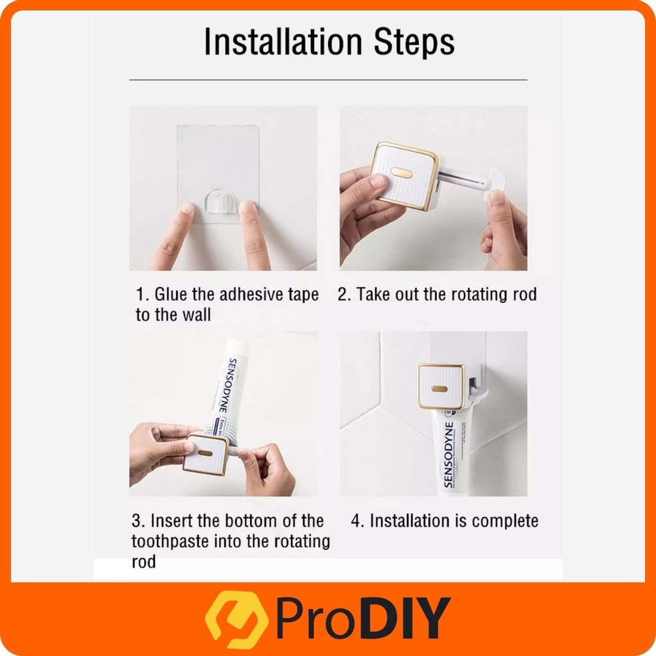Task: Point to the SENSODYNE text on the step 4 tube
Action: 448,454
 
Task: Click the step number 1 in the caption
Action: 141,295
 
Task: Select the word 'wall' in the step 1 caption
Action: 195,315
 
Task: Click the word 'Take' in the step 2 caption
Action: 372,295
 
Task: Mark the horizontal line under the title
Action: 328,79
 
